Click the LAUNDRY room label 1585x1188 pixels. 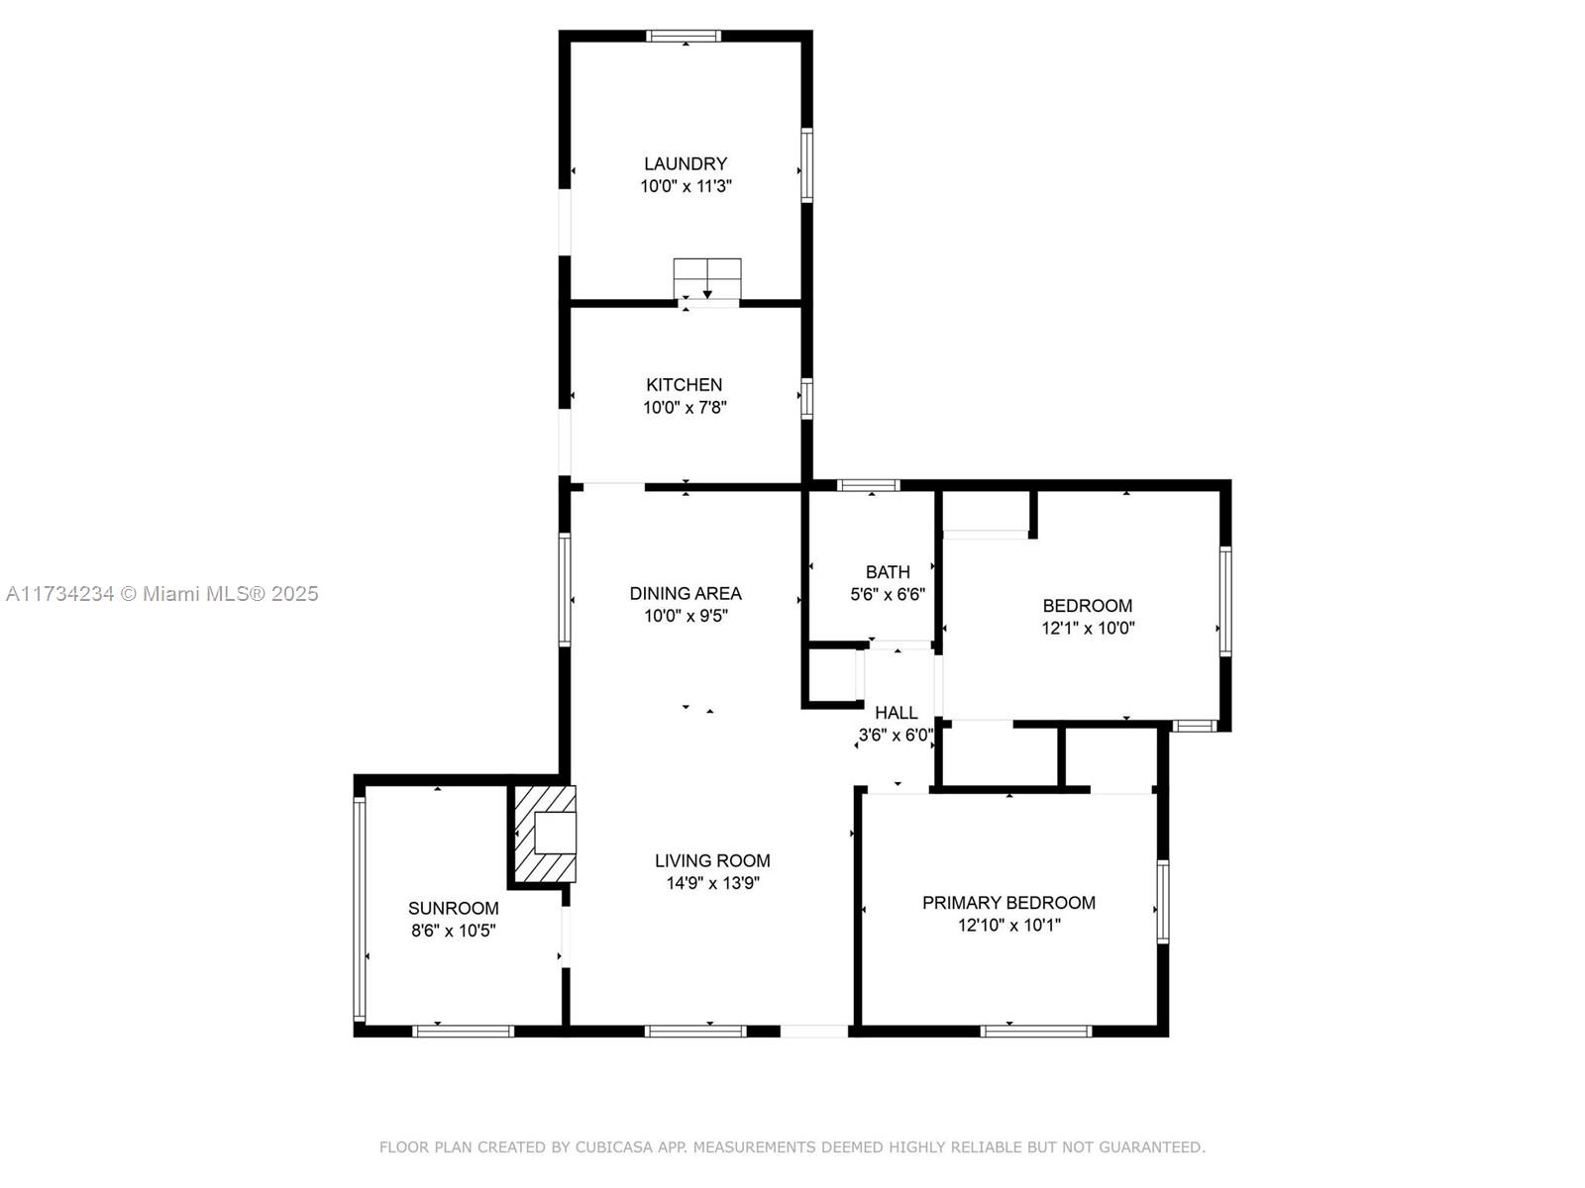pos(686,163)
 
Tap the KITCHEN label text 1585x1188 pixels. pos(684,384)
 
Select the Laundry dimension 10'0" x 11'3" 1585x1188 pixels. pos(686,186)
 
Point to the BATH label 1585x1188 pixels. pos(888,572)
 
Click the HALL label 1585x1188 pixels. pos(897,713)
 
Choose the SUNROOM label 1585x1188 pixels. pos(454,908)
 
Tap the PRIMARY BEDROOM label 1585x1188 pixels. pos(1008,902)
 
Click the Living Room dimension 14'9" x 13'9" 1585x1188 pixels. pos(712,883)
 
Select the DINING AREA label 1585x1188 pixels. pos(686,593)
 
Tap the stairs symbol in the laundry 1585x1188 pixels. pos(707,278)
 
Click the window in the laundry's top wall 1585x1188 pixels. pos(684,36)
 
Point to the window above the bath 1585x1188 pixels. pos(869,485)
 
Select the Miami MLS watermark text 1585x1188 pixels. pos(161,594)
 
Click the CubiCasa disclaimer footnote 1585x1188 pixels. pos(792,1146)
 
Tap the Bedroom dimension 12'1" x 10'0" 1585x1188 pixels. pos(1088,628)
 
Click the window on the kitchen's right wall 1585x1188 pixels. pos(807,398)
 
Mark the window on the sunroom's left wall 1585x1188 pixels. pos(359,909)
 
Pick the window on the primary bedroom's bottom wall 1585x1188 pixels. pos(1036,1032)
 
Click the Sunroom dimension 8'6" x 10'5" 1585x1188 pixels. pos(454,931)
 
